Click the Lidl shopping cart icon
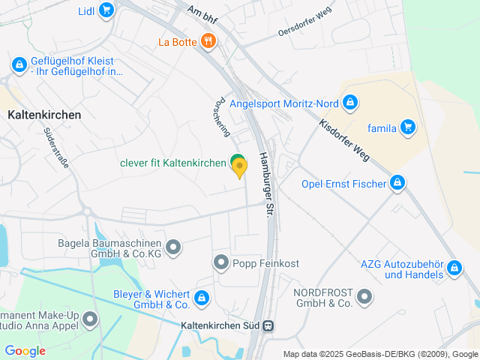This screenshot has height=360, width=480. (x=106, y=10)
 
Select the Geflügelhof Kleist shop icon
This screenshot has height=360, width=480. (x=17, y=65)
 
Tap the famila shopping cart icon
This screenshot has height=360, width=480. (x=407, y=127)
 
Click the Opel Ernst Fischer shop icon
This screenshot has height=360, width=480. (x=397, y=183)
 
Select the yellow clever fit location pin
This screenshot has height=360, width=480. (x=239, y=169)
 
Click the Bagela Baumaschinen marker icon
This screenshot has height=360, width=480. (x=174, y=247)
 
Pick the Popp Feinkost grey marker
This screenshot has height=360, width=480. (x=221, y=262)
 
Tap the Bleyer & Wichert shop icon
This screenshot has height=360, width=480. (x=201, y=298)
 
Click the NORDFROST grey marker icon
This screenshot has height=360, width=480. (x=364, y=298)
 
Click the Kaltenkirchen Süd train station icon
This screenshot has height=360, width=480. (x=268, y=326)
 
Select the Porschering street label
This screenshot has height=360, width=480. (x=222, y=116)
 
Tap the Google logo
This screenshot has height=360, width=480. (x=25, y=351)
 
